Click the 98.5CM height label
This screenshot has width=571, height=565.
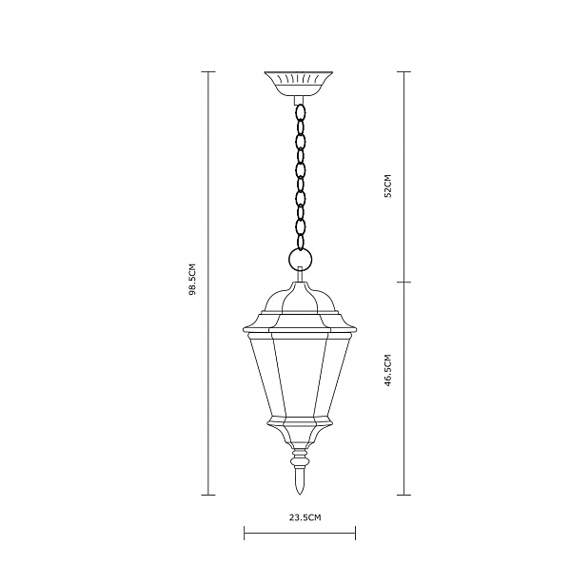pyautogui.click(x=192, y=279)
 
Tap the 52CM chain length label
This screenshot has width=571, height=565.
pyautogui.click(x=388, y=185)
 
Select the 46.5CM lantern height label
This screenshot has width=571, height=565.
pyautogui.click(x=388, y=370)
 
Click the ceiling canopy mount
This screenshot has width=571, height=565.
pyautogui.click(x=298, y=84)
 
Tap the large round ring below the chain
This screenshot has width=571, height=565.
pyautogui.click(x=300, y=260)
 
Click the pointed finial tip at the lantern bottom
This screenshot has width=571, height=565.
pyautogui.click(x=300, y=494)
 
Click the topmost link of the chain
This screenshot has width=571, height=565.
pyautogui.click(x=301, y=112)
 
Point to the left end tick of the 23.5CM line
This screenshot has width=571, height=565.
pyautogui.click(x=245, y=533)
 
